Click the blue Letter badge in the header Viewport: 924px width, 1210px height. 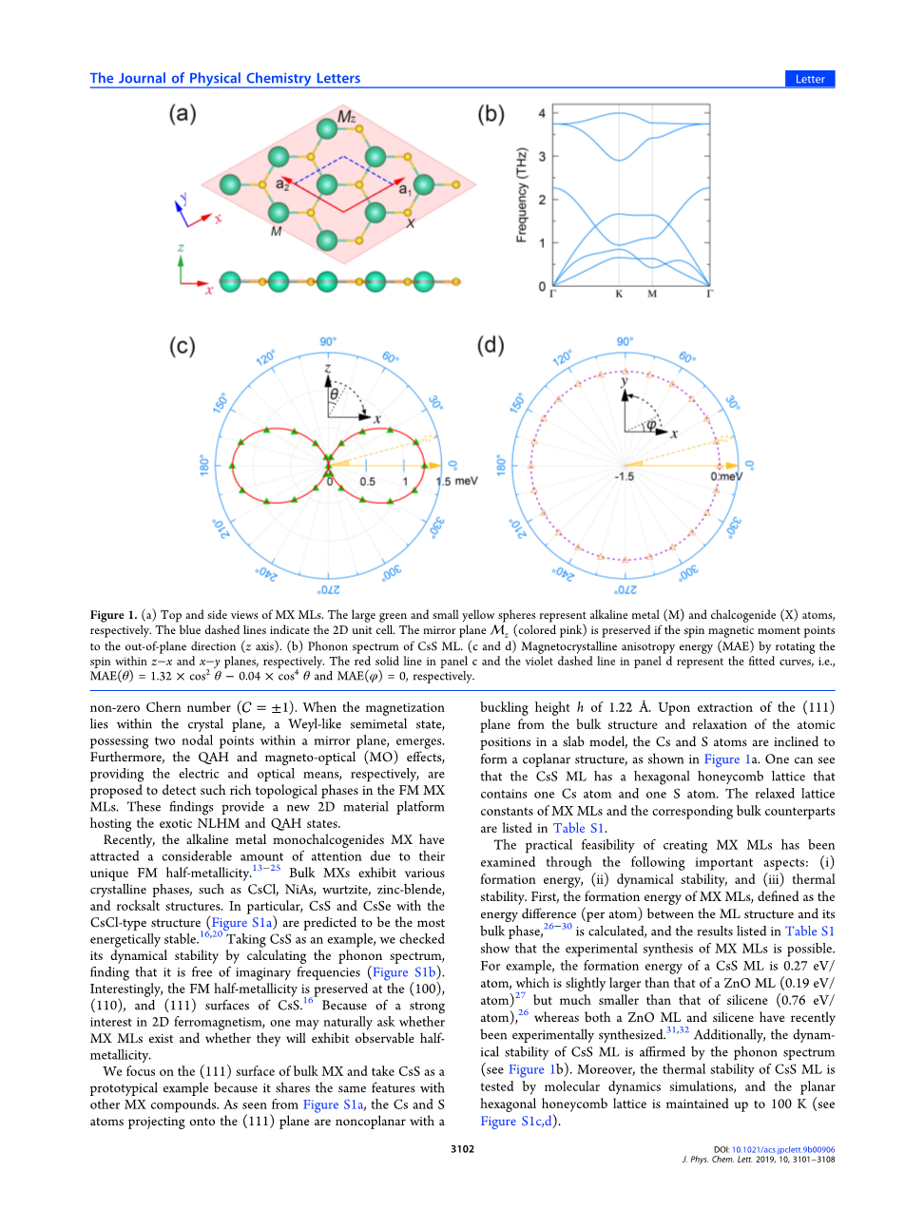coord(810,79)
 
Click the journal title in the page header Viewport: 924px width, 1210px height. coord(225,79)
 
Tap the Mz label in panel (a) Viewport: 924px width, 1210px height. coord(347,118)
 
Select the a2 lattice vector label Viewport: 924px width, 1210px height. coord(282,183)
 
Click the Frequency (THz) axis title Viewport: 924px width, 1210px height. coord(521,195)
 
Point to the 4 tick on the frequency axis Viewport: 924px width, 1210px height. coord(542,113)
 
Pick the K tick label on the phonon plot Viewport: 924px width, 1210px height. coord(619,294)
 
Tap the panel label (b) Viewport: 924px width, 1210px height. coord(491,114)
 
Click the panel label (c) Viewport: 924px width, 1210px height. coord(183,345)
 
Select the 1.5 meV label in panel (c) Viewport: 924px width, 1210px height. coord(456,481)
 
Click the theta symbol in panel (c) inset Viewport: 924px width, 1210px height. coord(334,394)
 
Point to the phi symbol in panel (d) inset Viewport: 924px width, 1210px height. coord(651,425)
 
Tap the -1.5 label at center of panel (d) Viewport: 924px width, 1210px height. coord(624,476)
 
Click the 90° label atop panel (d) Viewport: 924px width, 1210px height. coord(625,342)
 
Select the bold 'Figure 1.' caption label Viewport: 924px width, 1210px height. coord(113,615)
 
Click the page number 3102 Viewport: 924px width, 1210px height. coord(462,1149)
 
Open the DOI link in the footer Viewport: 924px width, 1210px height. coord(782,1150)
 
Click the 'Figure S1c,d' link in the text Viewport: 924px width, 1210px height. coord(519,1122)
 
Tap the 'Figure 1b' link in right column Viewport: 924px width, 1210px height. coord(538,1069)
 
